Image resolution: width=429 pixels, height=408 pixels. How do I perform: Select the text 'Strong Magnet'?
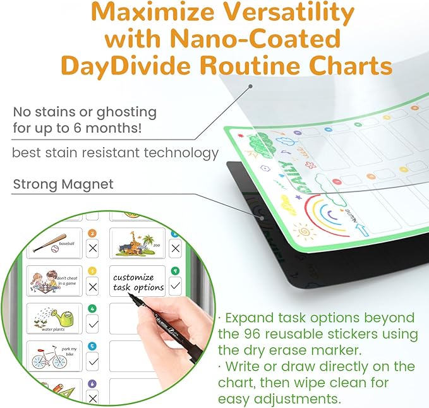pos(63,184)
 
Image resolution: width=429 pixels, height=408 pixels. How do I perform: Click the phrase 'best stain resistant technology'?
pos(116,152)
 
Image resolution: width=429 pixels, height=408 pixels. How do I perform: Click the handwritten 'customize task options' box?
pos(137,281)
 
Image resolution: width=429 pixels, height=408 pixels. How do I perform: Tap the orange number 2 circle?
pos(92,232)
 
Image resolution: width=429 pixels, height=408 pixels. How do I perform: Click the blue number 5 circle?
pos(93,346)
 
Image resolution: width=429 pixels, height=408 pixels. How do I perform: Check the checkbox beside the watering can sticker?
pos(93,324)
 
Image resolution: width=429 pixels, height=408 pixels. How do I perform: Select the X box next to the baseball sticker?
pos(93,248)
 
